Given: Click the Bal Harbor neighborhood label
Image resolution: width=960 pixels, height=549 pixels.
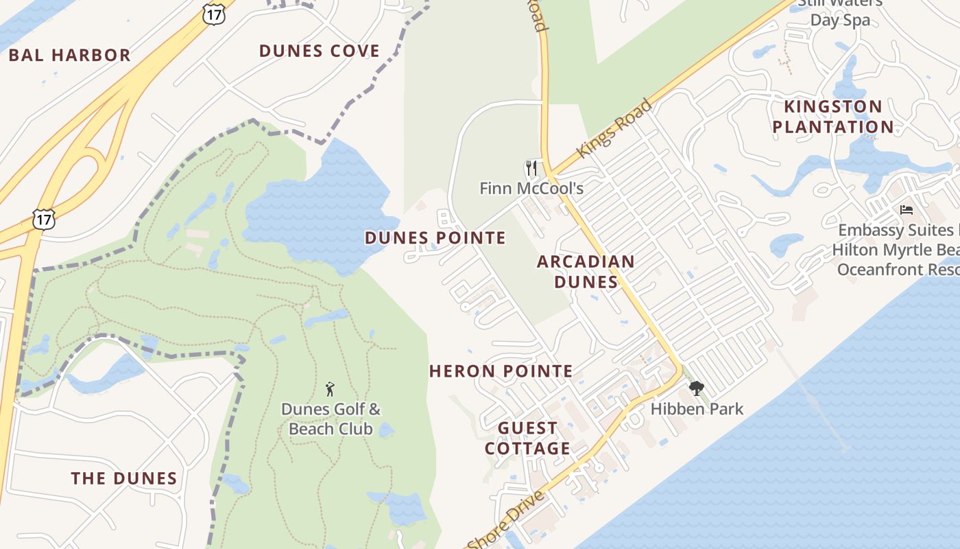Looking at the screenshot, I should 69,55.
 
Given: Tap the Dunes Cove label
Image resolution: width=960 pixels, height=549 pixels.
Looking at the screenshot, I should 319,51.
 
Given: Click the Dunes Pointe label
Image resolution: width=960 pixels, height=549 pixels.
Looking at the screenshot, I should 435,238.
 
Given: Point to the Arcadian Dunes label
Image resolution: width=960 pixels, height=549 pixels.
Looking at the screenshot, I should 586,271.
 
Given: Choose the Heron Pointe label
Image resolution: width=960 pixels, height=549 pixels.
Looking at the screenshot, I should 501,371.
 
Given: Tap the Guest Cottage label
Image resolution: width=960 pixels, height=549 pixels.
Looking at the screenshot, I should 527,439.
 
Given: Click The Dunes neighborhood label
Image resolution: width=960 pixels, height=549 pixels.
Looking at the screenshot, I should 124,478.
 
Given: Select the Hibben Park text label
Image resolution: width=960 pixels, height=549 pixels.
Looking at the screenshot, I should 697,409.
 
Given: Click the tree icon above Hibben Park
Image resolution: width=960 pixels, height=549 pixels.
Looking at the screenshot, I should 697,388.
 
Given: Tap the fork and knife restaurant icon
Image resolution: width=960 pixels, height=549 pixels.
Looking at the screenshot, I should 531,168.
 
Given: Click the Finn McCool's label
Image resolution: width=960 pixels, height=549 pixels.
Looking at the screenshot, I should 531,188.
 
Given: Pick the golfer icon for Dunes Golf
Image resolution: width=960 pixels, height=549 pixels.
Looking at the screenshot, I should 330,389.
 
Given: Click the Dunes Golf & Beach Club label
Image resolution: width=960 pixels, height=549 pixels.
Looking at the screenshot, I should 331,419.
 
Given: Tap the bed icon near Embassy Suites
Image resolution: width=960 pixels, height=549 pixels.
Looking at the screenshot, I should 907,210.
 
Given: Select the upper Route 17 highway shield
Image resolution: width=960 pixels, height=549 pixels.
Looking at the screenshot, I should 214,14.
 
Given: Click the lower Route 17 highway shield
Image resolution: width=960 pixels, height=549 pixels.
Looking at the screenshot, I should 43,219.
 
